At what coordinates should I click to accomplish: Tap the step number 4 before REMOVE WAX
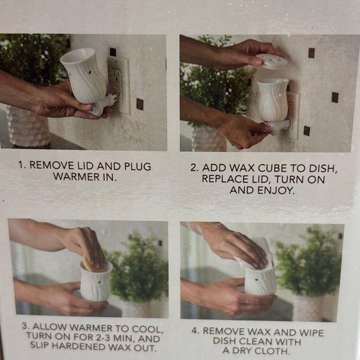[x=195, y=331]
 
